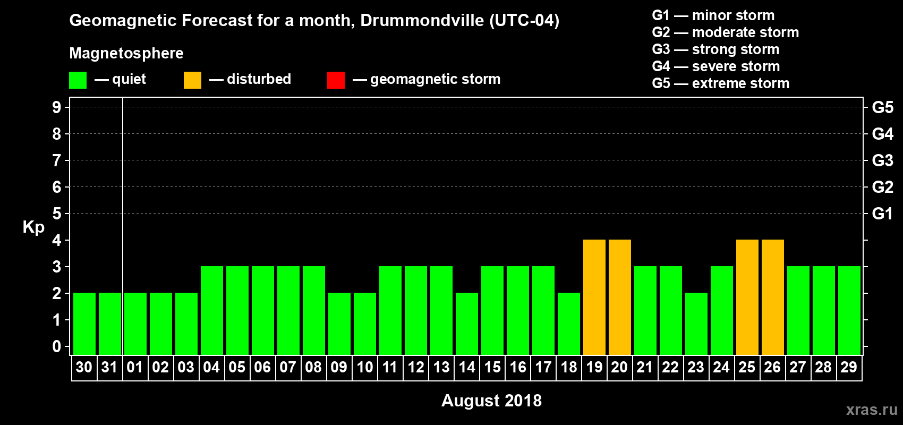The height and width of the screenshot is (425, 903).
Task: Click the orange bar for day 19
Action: (594, 297)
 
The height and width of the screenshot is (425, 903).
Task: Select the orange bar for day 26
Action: (773, 297)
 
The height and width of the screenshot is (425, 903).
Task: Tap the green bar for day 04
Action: (212, 311)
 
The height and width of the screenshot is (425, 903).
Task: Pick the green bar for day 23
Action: (696, 324)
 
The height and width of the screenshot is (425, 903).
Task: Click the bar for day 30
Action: (84, 324)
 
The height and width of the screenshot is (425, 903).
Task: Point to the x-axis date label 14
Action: (467, 367)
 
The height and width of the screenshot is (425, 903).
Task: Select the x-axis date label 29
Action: (849, 367)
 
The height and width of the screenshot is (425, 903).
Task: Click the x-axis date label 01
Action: (135, 367)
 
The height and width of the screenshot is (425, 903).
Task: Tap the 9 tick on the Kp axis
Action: (57, 107)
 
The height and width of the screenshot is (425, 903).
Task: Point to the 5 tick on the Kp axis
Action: (57, 214)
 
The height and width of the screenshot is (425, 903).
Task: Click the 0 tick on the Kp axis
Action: (57, 346)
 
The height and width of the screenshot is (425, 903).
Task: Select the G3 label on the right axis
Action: (882, 160)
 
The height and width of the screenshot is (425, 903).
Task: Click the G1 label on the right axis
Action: (882, 214)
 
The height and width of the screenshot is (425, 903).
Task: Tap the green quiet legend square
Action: (78, 80)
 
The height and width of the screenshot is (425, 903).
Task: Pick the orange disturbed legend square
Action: (192, 80)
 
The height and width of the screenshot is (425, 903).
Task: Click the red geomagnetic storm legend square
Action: (336, 80)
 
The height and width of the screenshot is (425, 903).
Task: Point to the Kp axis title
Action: (33, 227)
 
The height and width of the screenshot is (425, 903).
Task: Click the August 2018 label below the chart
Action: (491, 401)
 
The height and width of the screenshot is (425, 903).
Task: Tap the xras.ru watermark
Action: (872, 410)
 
